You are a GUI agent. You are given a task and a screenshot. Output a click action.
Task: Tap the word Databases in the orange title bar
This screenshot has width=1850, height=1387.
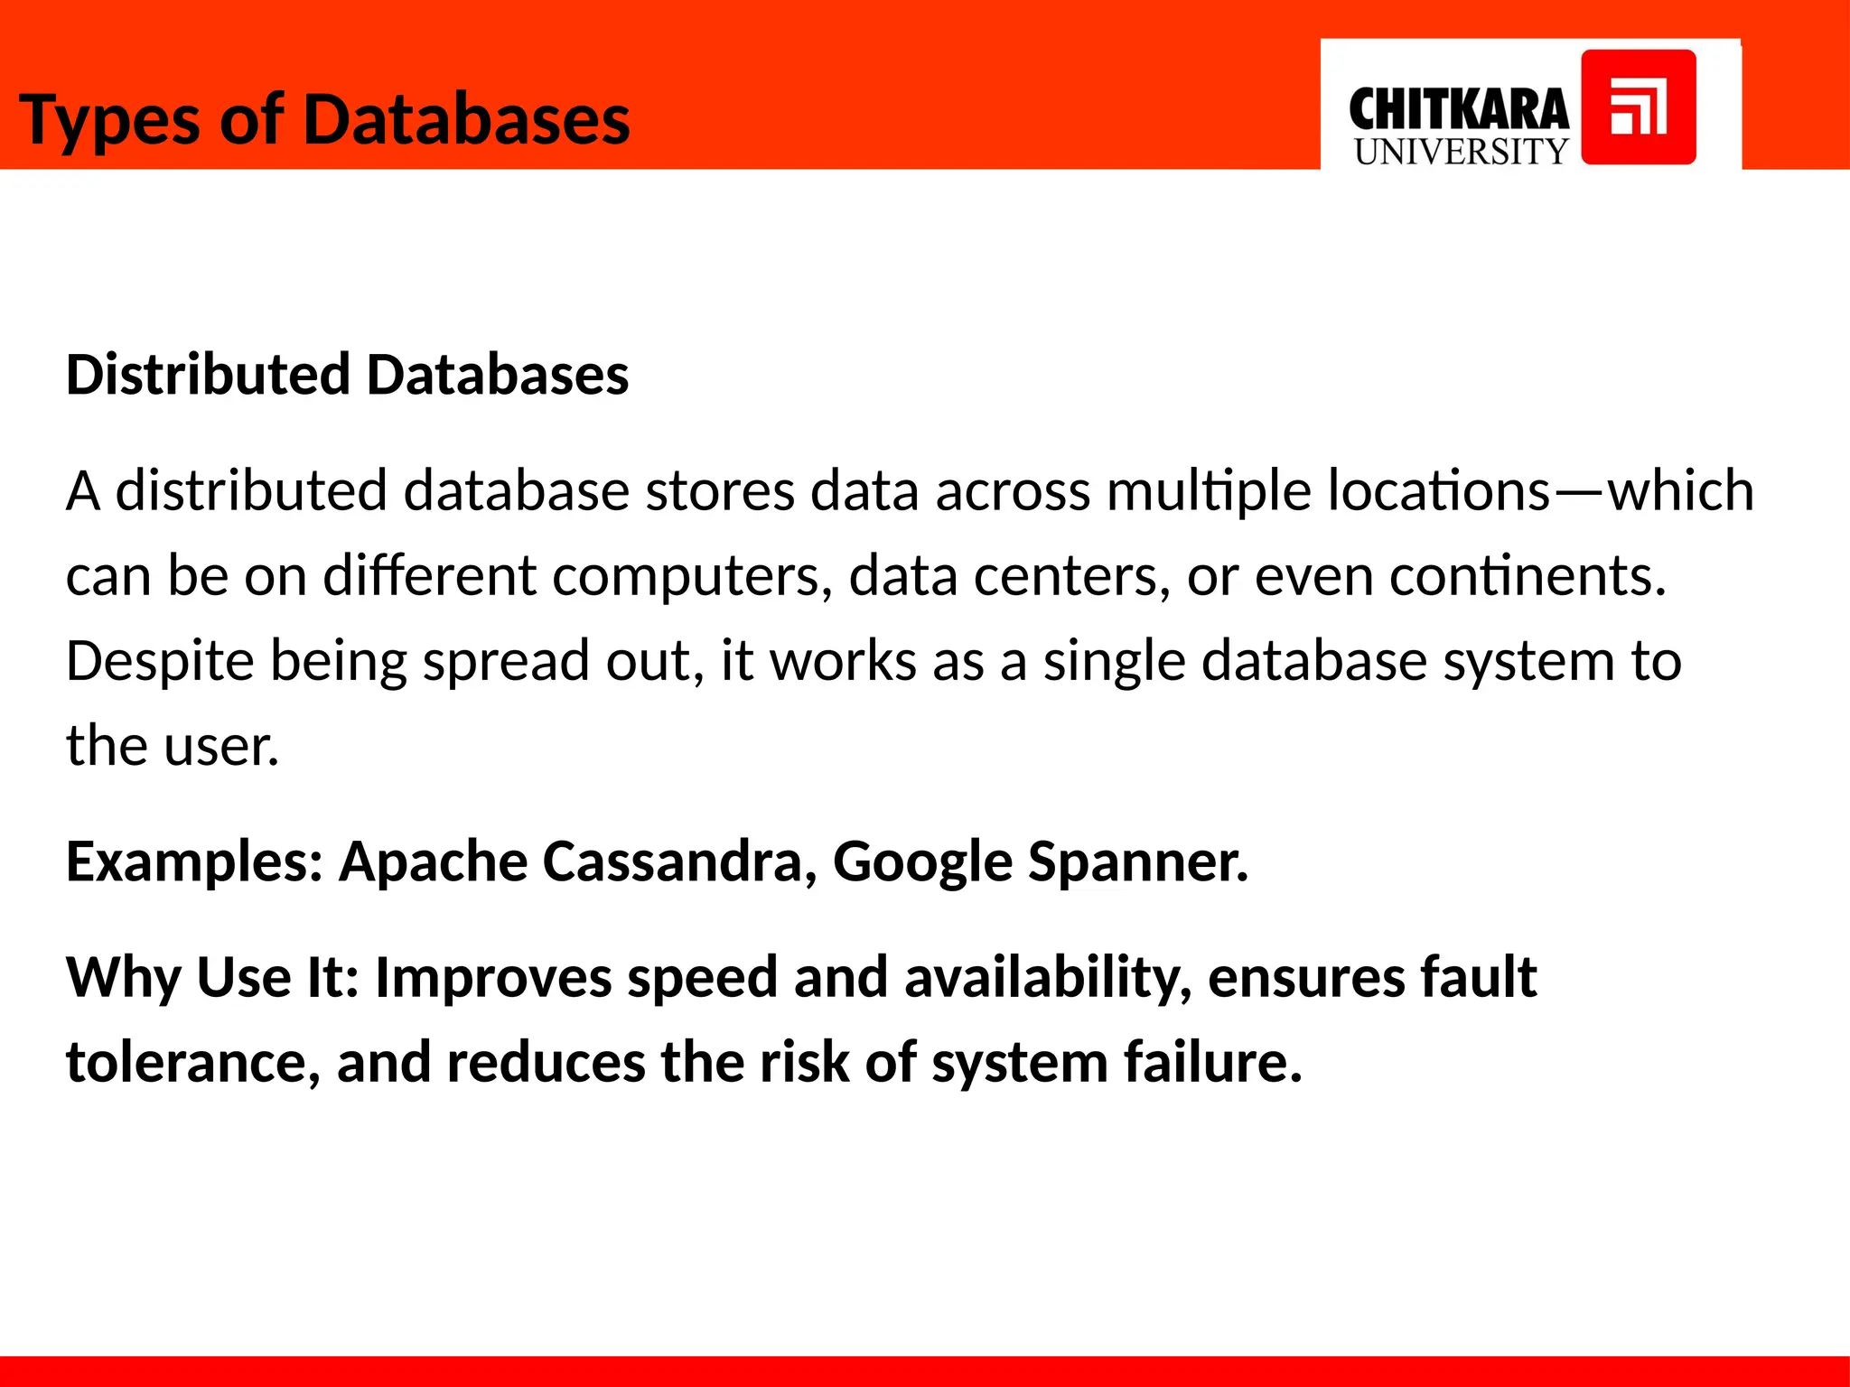pos(466,119)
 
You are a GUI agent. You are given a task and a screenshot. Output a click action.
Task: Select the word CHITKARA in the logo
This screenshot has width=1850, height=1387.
pos(1458,110)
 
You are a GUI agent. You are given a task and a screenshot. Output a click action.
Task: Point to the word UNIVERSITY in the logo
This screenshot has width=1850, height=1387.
pos(1461,152)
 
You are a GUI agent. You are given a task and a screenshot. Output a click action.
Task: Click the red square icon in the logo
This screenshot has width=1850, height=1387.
pos(1638,107)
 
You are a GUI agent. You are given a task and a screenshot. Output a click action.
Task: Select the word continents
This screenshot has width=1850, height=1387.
pos(1527,576)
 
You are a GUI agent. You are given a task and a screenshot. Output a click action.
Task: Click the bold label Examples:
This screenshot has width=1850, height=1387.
pos(195,862)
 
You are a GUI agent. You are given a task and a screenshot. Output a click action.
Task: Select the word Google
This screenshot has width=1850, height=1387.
pos(922,862)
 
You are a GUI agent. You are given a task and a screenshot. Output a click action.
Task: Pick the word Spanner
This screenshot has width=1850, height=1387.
pos(1137,862)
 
